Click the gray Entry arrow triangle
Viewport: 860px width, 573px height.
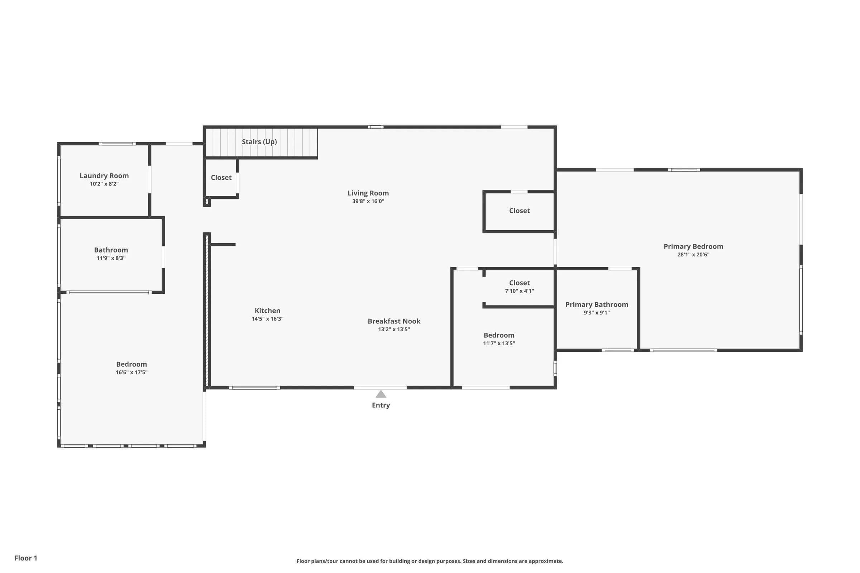pyautogui.click(x=381, y=394)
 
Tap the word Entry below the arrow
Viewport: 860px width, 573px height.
pyautogui.click(x=381, y=405)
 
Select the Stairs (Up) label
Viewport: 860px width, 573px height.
pyautogui.click(x=259, y=142)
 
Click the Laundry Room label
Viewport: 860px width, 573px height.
pyautogui.click(x=104, y=176)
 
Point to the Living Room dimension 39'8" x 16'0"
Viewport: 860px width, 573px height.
pyautogui.click(x=368, y=201)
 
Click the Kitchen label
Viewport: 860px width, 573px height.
pyautogui.click(x=267, y=310)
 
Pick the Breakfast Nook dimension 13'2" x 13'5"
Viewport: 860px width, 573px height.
pyautogui.click(x=394, y=329)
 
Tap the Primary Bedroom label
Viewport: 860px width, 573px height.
pyautogui.click(x=693, y=247)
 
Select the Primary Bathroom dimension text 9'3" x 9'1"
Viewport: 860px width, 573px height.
pyautogui.click(x=597, y=312)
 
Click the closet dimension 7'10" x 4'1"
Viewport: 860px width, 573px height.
pyautogui.click(x=519, y=291)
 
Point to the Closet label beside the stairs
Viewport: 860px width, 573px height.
pyautogui.click(x=221, y=178)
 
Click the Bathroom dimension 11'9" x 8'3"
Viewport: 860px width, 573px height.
pyautogui.click(x=111, y=258)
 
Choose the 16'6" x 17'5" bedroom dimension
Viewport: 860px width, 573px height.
pyautogui.click(x=132, y=372)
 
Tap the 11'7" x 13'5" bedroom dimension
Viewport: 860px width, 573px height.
pyautogui.click(x=499, y=343)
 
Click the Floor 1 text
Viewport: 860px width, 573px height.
pyautogui.click(x=25, y=558)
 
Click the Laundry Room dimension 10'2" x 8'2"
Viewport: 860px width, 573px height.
pyautogui.click(x=104, y=184)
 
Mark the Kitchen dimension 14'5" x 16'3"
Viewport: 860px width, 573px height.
pyautogui.click(x=267, y=319)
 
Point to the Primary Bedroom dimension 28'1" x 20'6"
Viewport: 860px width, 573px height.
pyautogui.click(x=693, y=255)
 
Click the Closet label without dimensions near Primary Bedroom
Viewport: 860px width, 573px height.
pyautogui.click(x=519, y=211)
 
